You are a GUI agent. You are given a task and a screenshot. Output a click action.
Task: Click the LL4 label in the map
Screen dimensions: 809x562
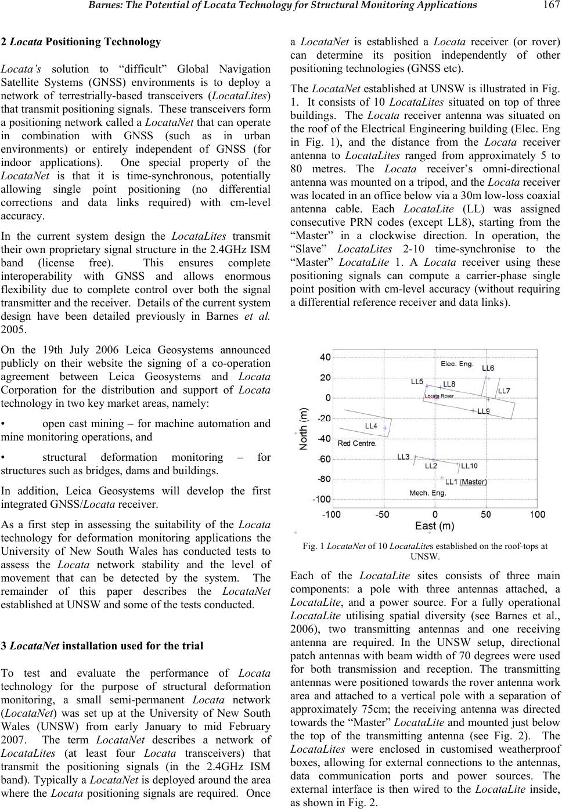[371, 426]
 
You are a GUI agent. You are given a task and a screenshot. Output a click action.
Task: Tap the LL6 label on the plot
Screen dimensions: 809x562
[488, 368]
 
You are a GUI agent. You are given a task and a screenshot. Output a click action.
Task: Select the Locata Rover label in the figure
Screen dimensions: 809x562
[439, 396]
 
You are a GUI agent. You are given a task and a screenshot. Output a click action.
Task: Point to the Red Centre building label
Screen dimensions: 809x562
[357, 443]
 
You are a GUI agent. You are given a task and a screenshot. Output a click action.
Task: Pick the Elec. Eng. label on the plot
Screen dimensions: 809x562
[457, 364]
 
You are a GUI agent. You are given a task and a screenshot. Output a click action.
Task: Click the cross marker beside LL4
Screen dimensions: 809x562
[384, 428]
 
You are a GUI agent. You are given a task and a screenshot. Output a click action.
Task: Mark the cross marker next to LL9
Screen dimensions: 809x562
[473, 410]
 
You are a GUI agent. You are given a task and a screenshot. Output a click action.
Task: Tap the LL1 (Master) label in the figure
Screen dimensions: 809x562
[466, 481]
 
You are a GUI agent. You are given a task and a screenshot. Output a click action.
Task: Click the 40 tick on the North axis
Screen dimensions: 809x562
[326, 357]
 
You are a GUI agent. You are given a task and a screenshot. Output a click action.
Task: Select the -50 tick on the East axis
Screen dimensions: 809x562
[382, 514]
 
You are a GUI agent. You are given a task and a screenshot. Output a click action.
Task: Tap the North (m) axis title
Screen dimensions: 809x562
[304, 429]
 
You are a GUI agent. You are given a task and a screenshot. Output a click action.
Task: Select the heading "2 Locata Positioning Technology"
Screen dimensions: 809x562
[81, 42]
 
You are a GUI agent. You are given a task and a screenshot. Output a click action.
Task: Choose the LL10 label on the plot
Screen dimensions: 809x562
[470, 465]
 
